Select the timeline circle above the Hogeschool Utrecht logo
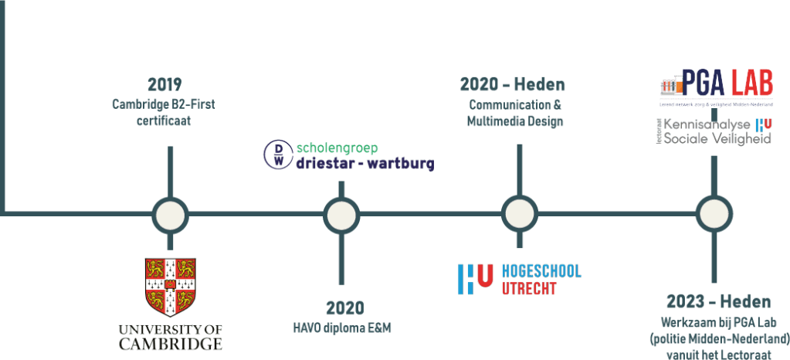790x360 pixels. click(519, 214)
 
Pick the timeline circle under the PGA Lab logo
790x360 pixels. click(714, 214)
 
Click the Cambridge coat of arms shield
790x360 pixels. click(170, 287)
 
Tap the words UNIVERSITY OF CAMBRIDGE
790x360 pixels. click(170, 337)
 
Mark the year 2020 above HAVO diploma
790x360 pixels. click(344, 307)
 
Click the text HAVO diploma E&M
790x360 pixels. click(343, 329)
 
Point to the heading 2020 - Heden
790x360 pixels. click(513, 84)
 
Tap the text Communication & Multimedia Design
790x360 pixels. click(515, 113)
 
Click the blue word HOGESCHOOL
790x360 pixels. click(541, 270)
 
